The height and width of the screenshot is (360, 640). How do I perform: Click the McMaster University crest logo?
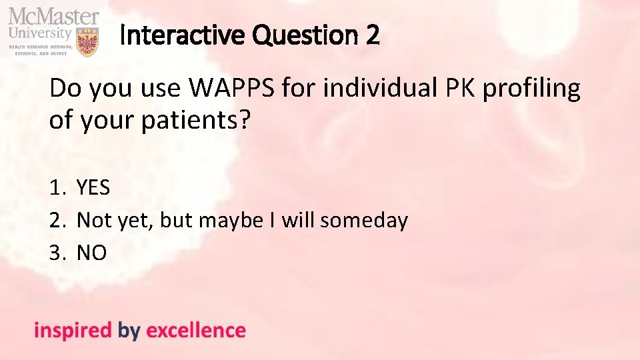pyautogui.click(x=88, y=41)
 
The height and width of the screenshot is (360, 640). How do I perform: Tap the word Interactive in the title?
pyautogui.click(x=175, y=35)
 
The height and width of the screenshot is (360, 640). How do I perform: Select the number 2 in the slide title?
pyautogui.click(x=372, y=35)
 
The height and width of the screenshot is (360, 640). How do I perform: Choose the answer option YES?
pyautogui.click(x=93, y=188)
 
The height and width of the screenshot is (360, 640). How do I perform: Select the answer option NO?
pyautogui.click(x=92, y=253)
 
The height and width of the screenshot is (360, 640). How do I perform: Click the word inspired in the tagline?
pyautogui.click(x=73, y=331)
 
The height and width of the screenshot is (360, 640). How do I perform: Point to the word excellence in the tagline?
pyautogui.click(x=195, y=331)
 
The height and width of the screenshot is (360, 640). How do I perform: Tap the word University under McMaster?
pyautogui.click(x=40, y=33)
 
